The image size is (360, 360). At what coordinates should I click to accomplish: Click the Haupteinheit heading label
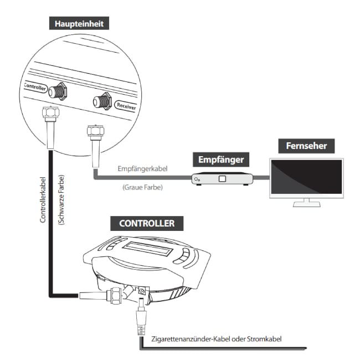click(79, 24)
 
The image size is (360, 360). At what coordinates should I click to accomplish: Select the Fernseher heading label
click(306, 146)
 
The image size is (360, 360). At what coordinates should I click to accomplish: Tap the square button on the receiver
click(223, 179)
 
